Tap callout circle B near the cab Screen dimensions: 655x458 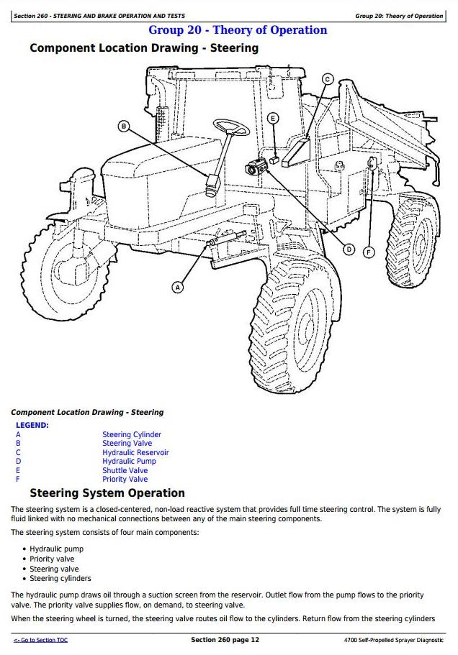124,127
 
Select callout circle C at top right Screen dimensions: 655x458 327,79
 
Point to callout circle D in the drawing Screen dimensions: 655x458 349,249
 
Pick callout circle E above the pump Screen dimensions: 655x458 273,118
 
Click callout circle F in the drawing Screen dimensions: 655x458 369,252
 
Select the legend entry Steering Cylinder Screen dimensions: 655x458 132,435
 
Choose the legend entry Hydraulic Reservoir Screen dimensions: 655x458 135,453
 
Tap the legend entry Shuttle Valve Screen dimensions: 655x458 125,471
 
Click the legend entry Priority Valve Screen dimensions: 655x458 125,480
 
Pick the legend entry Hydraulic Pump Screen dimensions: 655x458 129,462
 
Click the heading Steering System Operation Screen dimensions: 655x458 107,493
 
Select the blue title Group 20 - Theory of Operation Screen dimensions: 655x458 237,30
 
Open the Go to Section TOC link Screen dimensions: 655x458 40,640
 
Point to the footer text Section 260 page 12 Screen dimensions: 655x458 225,640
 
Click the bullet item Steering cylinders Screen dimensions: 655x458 60,578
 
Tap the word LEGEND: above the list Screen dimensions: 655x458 32,426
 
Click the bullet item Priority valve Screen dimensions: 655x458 52,559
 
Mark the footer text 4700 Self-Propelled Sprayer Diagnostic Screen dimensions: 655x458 394,640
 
